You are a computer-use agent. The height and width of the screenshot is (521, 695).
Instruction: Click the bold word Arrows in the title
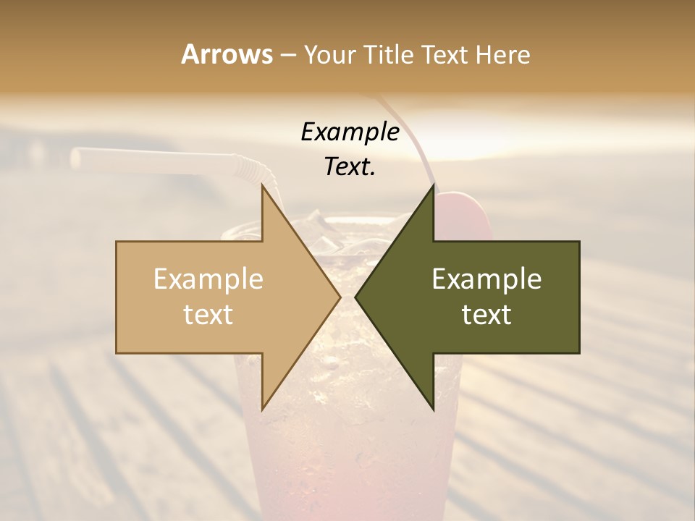point(227,54)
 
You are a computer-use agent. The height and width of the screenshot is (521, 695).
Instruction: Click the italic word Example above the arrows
point(350,132)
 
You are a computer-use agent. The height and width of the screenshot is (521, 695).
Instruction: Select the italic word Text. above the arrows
point(350,167)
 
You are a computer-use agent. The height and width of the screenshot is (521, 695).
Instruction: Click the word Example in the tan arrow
point(208,279)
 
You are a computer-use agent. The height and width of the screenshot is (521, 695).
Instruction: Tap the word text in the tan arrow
point(208,315)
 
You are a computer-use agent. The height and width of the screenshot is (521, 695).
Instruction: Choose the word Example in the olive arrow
point(486,279)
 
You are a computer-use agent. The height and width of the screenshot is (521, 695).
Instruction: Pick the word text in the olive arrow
point(486,315)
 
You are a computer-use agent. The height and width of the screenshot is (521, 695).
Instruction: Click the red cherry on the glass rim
point(463,213)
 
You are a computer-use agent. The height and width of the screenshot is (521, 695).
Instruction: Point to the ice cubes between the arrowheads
point(340,235)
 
